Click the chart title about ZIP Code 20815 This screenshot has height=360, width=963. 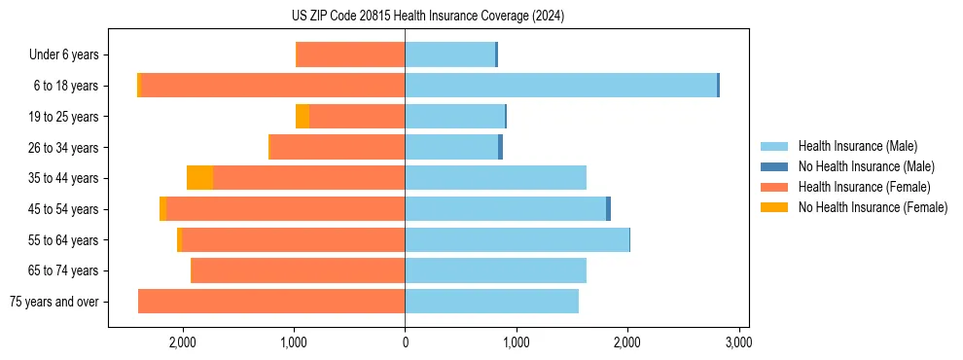pos(427,17)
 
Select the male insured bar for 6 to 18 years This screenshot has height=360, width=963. pos(560,86)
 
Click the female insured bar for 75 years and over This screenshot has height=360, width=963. pos(271,302)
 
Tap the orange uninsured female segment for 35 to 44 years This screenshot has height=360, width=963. pos(199,178)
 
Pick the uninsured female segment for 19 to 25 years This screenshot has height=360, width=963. pos(303,117)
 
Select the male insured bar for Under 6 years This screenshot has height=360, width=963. pos(449,54)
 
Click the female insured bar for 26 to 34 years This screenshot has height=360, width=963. pos(338,147)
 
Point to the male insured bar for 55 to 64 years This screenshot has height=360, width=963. pos(517,239)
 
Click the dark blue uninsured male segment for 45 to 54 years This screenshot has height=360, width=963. pos(608,209)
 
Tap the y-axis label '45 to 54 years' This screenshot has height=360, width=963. pos(64,209)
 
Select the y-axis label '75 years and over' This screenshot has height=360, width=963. pos(54,302)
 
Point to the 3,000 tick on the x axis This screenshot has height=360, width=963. pos(738,342)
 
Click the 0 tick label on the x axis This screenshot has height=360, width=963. pos(405,342)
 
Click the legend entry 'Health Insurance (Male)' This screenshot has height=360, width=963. pos(857,146)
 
